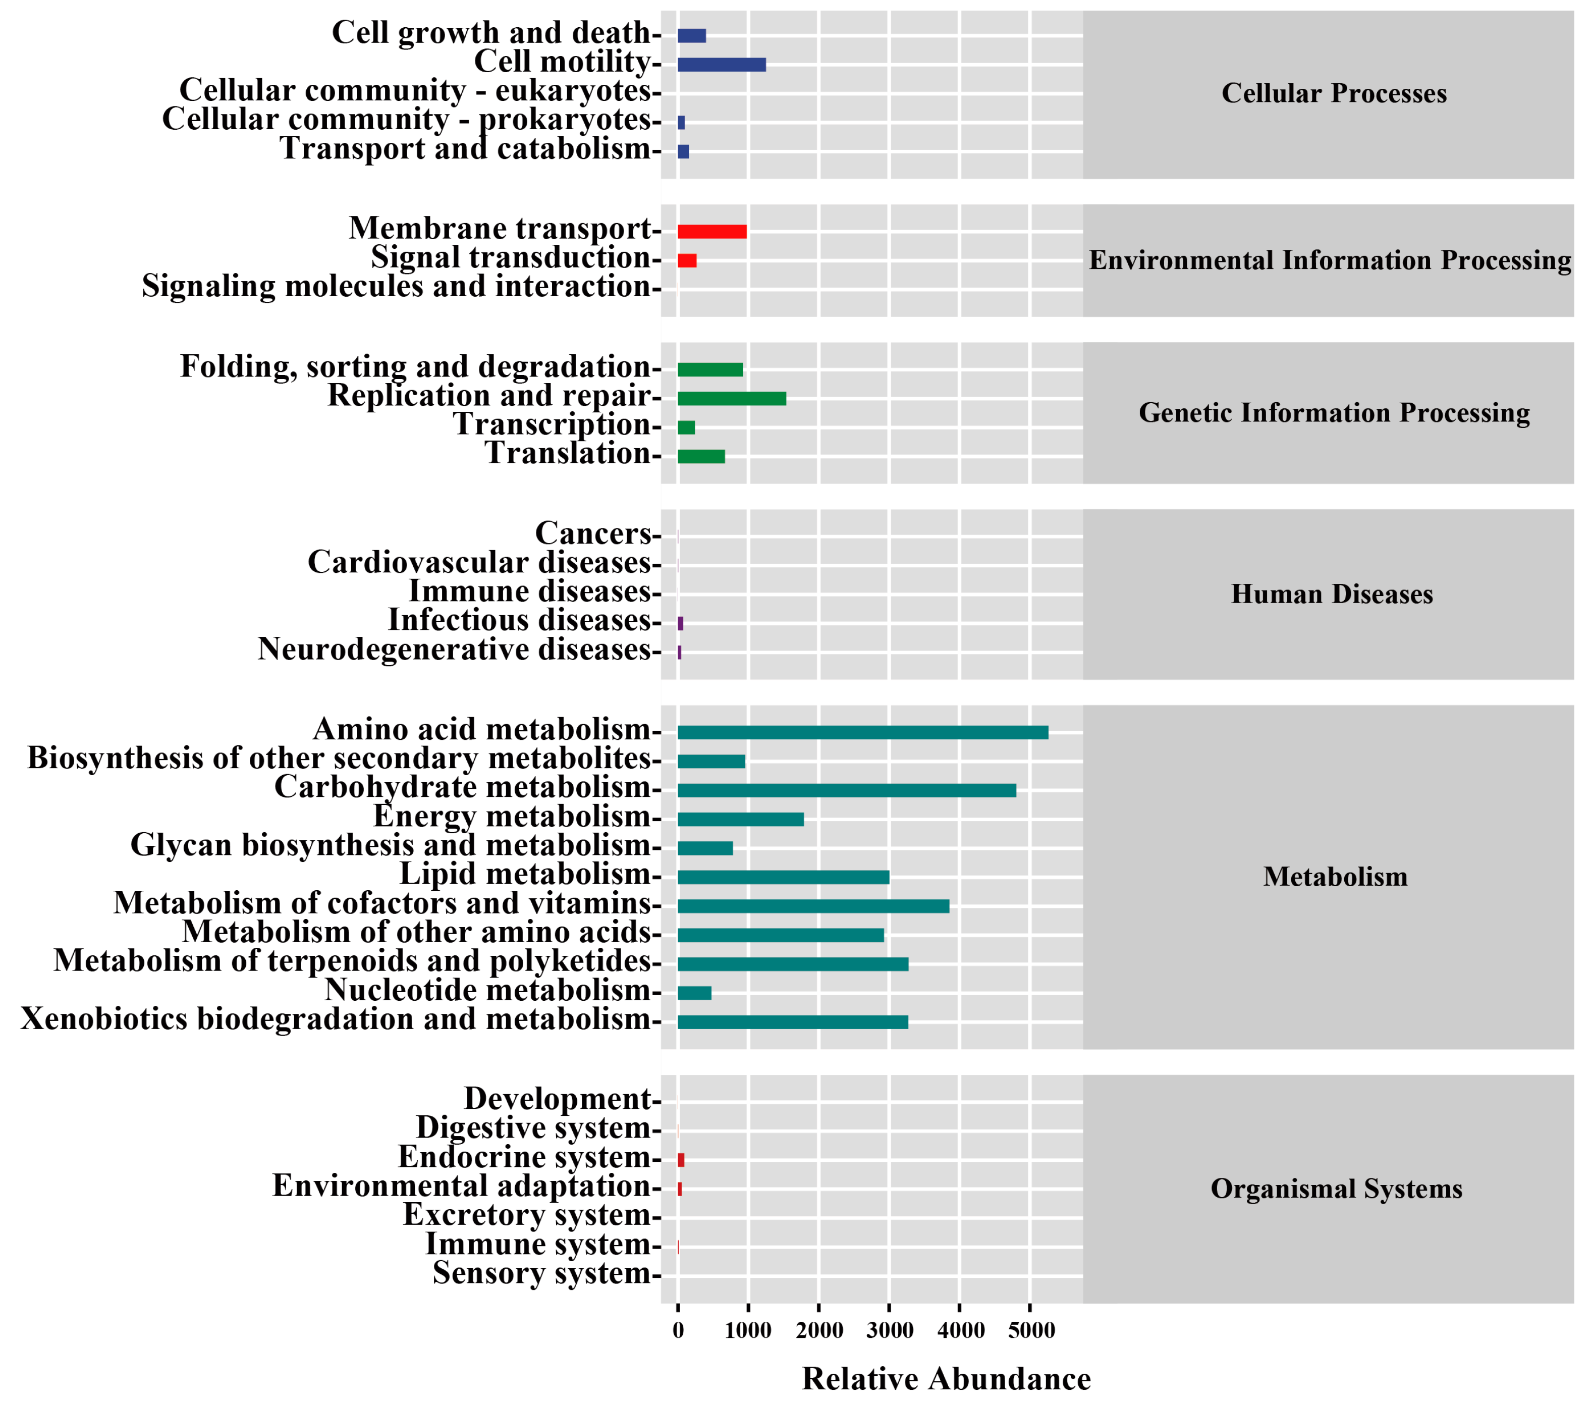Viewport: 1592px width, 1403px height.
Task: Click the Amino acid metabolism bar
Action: [x=862, y=732]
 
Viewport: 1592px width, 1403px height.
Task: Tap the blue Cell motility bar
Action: [x=721, y=65]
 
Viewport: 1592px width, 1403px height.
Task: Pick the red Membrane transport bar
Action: [x=712, y=231]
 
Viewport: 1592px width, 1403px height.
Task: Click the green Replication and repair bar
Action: [x=731, y=399]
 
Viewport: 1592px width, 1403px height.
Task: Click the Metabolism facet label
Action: [x=1335, y=877]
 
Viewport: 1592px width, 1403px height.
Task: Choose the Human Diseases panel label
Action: [x=1332, y=595]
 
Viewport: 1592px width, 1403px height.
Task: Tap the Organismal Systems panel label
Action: [x=1336, y=1189]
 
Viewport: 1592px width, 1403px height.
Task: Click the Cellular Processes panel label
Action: [x=1334, y=93]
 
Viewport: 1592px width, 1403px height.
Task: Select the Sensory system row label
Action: [x=542, y=1273]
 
